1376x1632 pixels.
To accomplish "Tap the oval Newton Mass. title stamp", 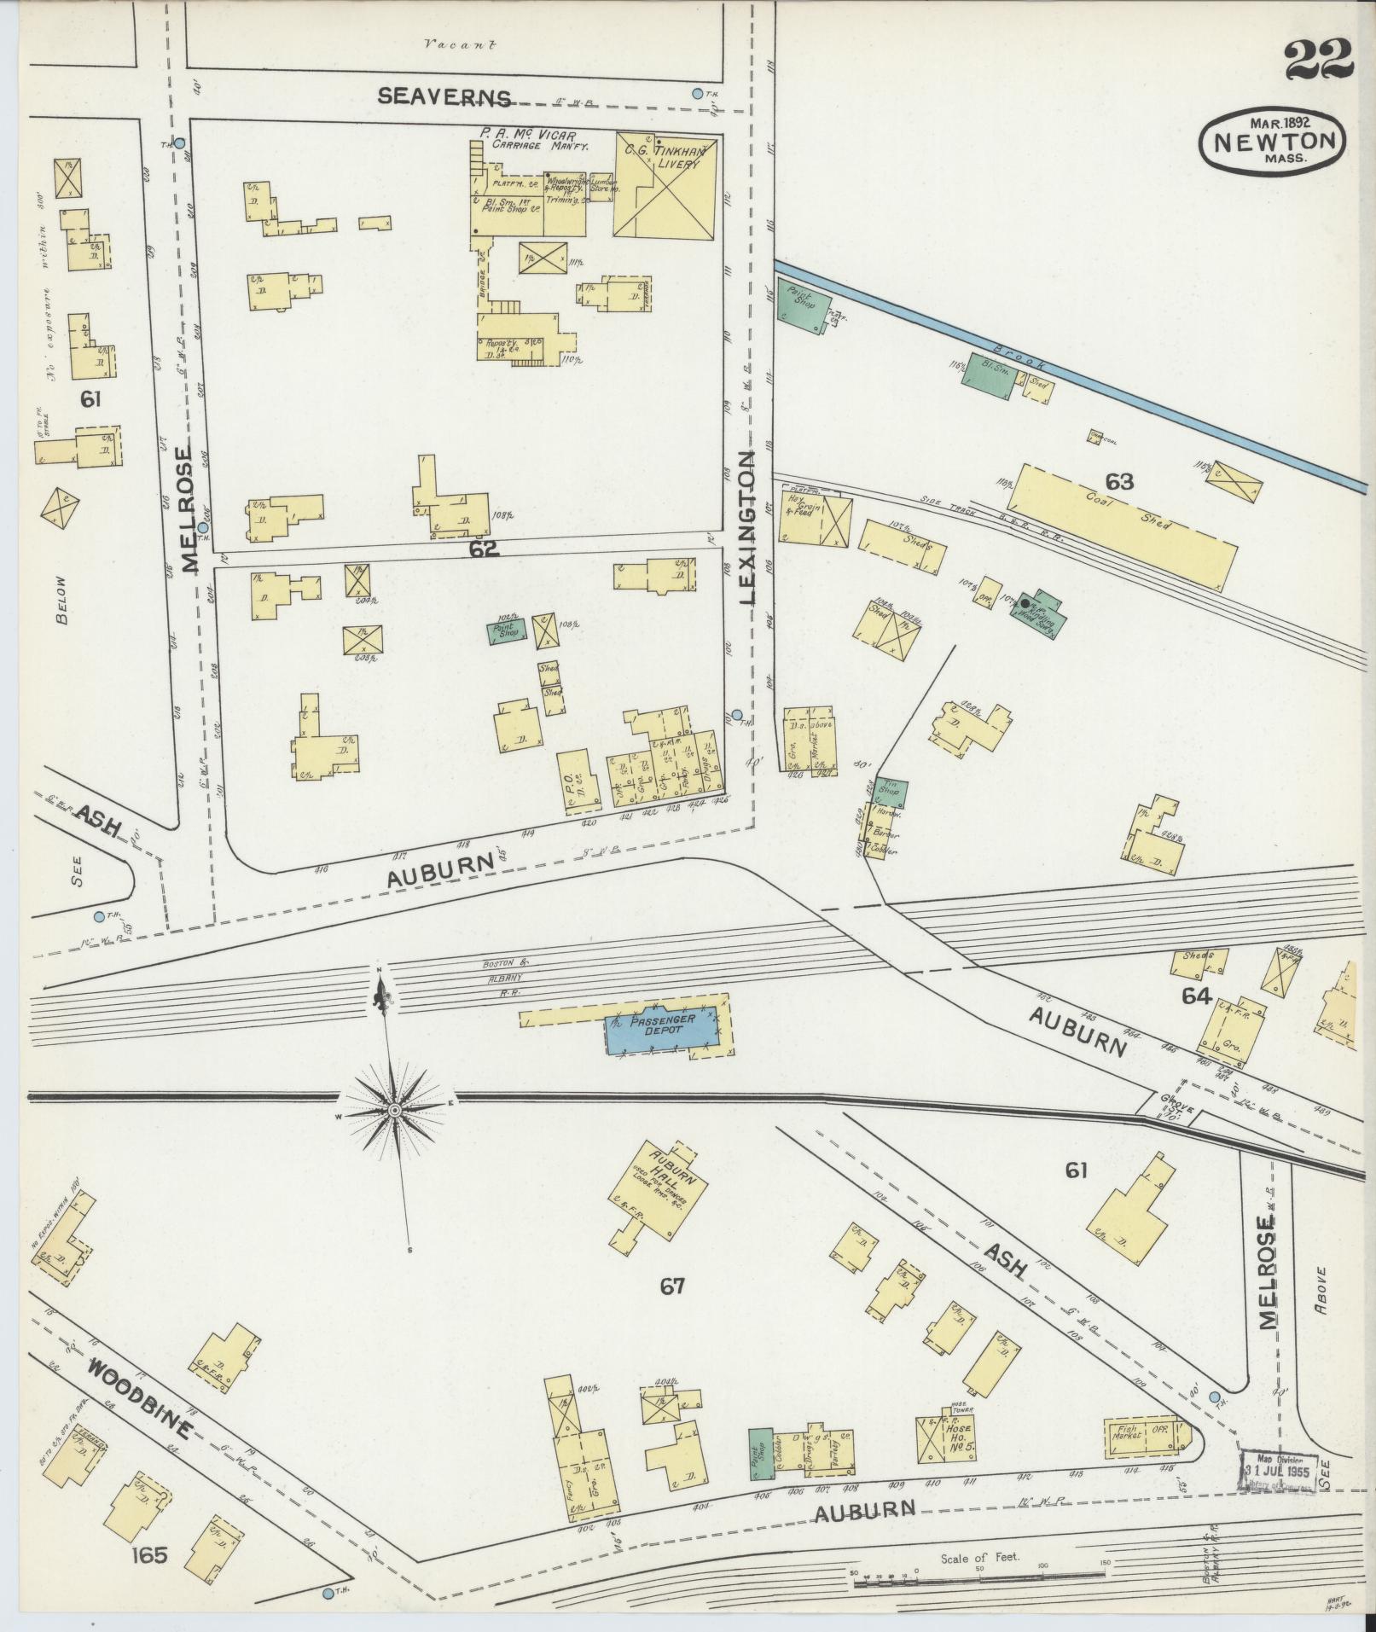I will click(x=1271, y=140).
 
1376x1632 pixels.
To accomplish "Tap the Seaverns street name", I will click(x=444, y=97).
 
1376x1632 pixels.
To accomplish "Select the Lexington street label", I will click(x=748, y=528).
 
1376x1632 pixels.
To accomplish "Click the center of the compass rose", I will click(x=394, y=1110).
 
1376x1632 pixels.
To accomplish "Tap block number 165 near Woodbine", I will click(x=149, y=1555).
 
